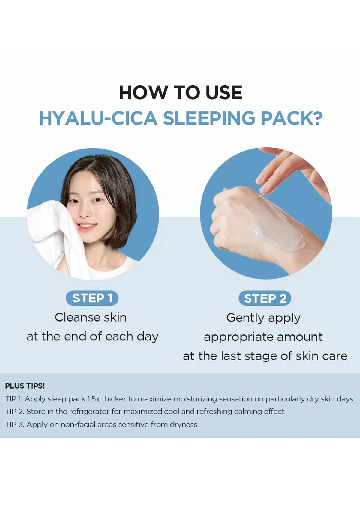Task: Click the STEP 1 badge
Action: (92, 298)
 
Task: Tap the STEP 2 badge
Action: (265, 298)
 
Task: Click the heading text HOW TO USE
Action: (181, 92)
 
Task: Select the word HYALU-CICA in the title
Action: (98, 118)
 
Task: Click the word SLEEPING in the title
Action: (209, 118)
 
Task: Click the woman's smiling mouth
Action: (87, 226)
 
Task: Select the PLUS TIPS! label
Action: (25, 386)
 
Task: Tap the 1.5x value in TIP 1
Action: (94, 399)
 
